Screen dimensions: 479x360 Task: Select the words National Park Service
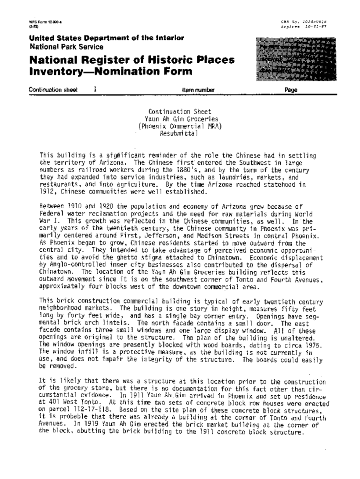66,47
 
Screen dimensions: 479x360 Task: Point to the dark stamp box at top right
291,59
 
